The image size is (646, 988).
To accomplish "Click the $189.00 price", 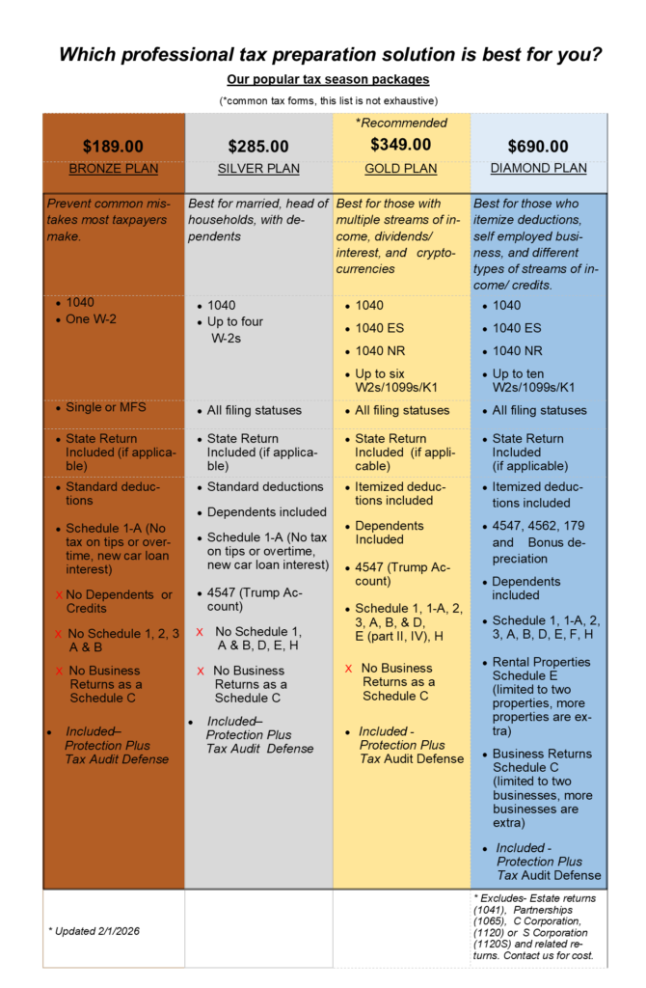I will [113, 147].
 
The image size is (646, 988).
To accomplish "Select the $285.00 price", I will [258, 147].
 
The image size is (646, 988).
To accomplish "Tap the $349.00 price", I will [401, 145].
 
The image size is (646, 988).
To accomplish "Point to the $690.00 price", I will [539, 147].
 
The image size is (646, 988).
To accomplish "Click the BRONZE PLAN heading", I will [113, 169].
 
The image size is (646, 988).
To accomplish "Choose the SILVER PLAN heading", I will [258, 169].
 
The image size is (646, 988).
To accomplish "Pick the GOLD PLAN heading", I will [401, 169].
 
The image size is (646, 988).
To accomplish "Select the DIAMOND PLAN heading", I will [539, 168].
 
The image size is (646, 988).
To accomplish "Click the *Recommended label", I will [401, 123].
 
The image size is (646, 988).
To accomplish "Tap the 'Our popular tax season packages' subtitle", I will [328, 79].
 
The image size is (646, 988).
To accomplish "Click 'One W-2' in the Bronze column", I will [91, 318].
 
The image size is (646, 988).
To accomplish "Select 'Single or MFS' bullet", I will [106, 407].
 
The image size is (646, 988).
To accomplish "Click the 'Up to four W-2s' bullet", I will [235, 329].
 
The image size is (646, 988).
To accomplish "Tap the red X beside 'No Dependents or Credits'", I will [59, 595].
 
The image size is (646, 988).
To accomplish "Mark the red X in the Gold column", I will [348, 668].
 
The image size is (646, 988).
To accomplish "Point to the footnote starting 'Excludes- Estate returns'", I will [537, 927].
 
